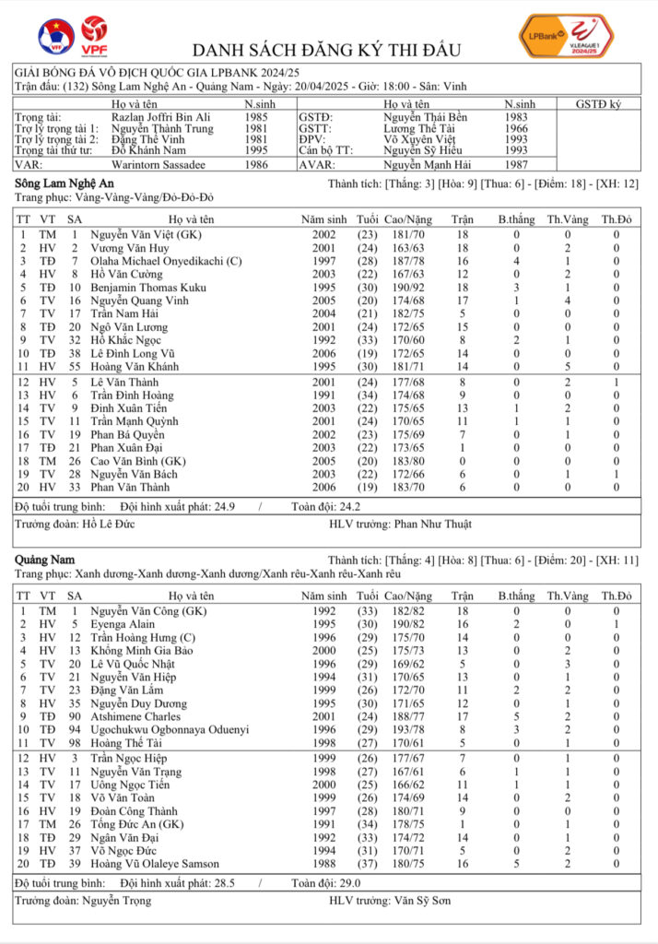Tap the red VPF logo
[x=93, y=35]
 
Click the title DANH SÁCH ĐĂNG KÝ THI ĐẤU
[x=326, y=50]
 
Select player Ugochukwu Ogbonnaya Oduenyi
[x=170, y=729]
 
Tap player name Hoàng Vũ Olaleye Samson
[x=155, y=864]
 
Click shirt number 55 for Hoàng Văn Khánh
[x=75, y=366]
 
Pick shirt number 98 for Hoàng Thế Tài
[x=75, y=742]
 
